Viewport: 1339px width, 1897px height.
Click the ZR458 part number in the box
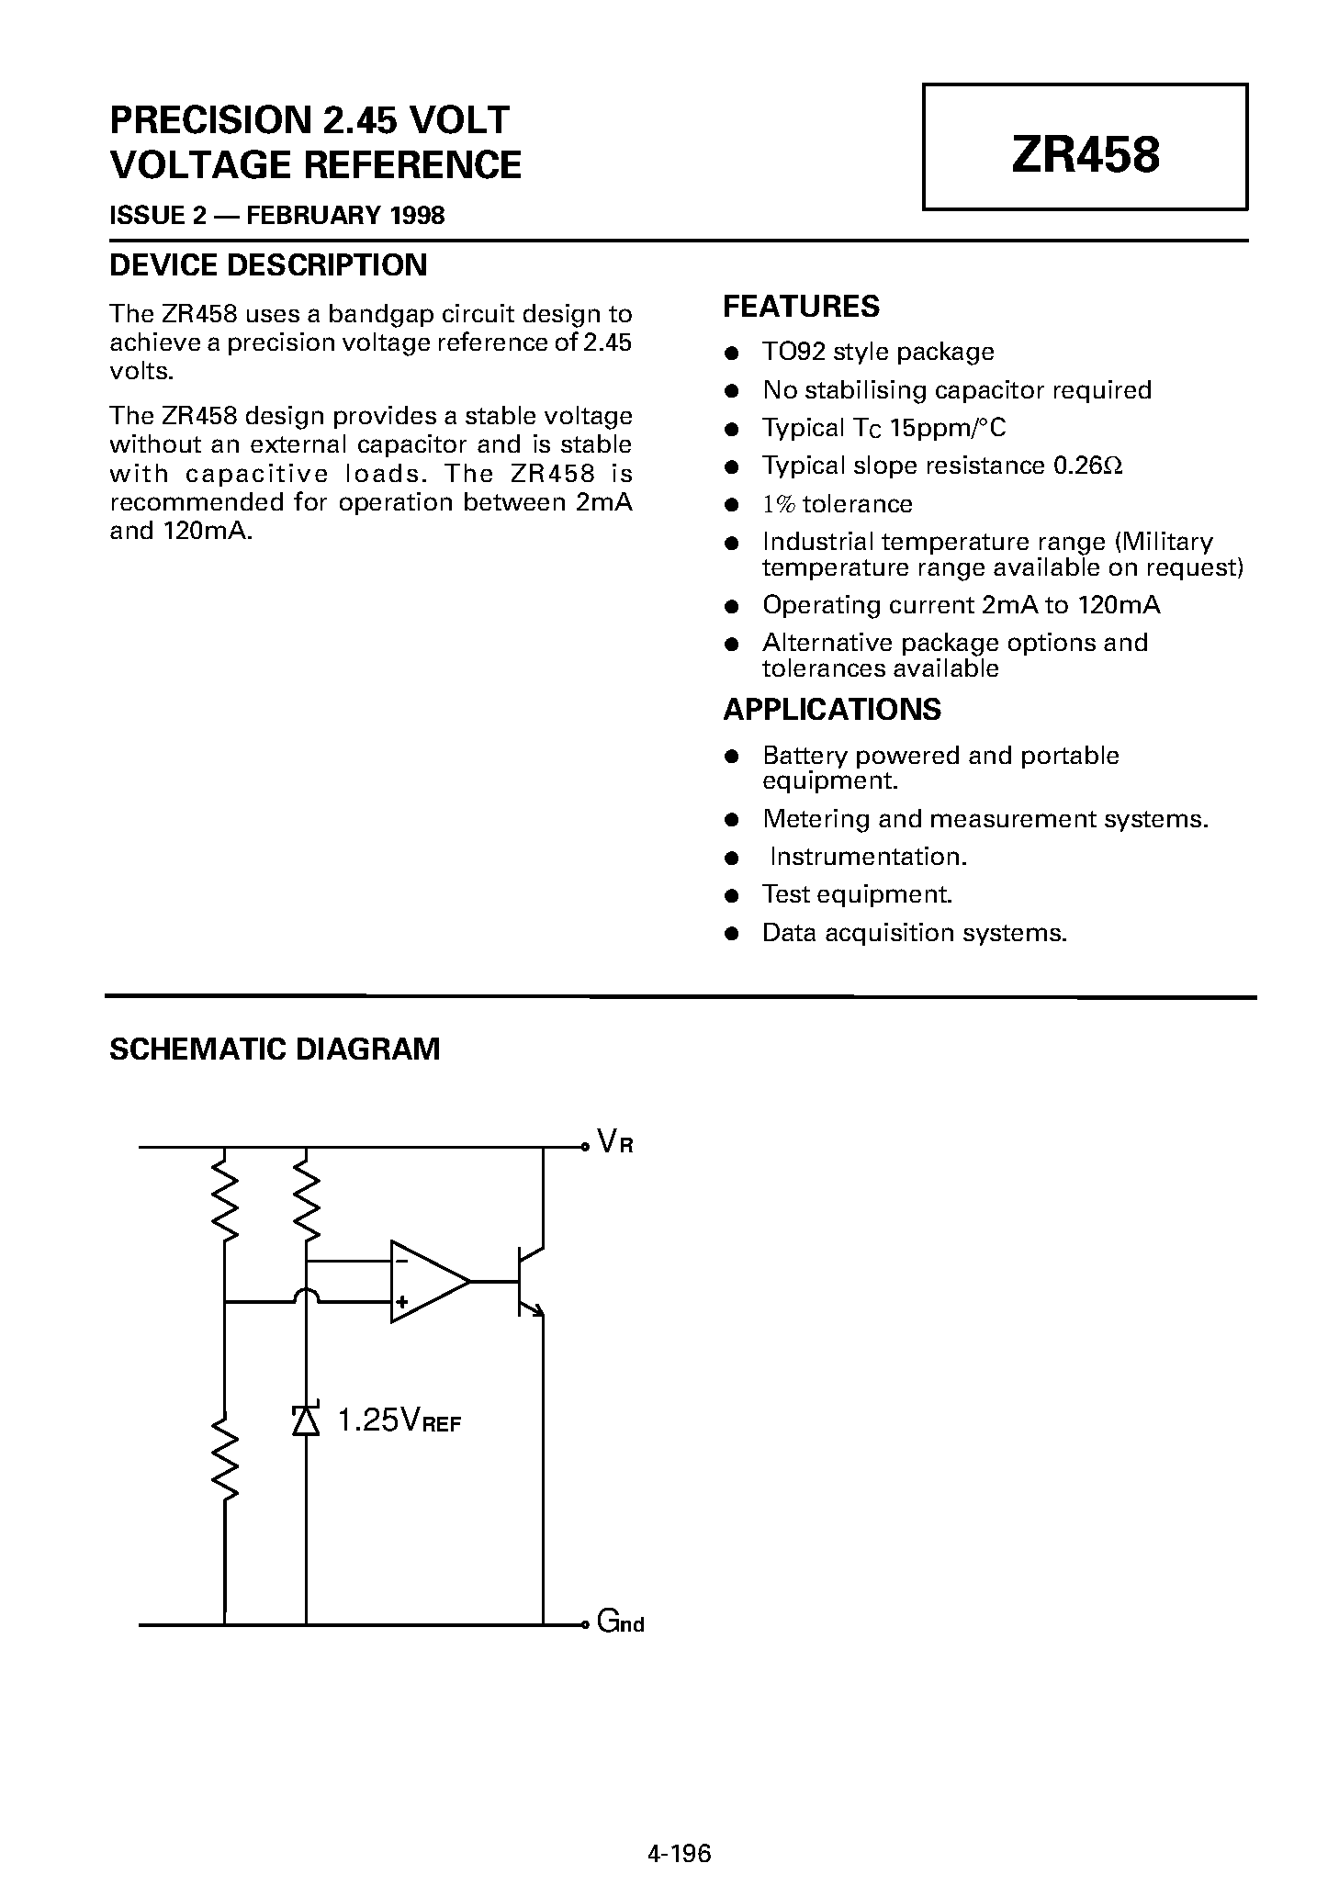1085,154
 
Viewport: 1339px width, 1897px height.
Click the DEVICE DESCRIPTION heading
268,265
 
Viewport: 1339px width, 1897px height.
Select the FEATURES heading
801,307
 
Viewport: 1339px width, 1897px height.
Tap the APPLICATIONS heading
832,710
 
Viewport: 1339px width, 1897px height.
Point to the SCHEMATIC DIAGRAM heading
275,1049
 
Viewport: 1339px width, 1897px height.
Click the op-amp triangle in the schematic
424,1282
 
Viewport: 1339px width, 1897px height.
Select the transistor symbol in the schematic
528,1282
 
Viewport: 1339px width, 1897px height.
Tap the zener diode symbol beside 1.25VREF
306,1420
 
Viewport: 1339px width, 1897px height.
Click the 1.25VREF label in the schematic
399,1421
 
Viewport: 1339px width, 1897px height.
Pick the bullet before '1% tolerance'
732,505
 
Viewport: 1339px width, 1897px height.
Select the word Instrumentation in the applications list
867,857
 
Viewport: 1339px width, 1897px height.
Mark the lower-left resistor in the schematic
224,1459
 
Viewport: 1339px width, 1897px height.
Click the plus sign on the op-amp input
401,1301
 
